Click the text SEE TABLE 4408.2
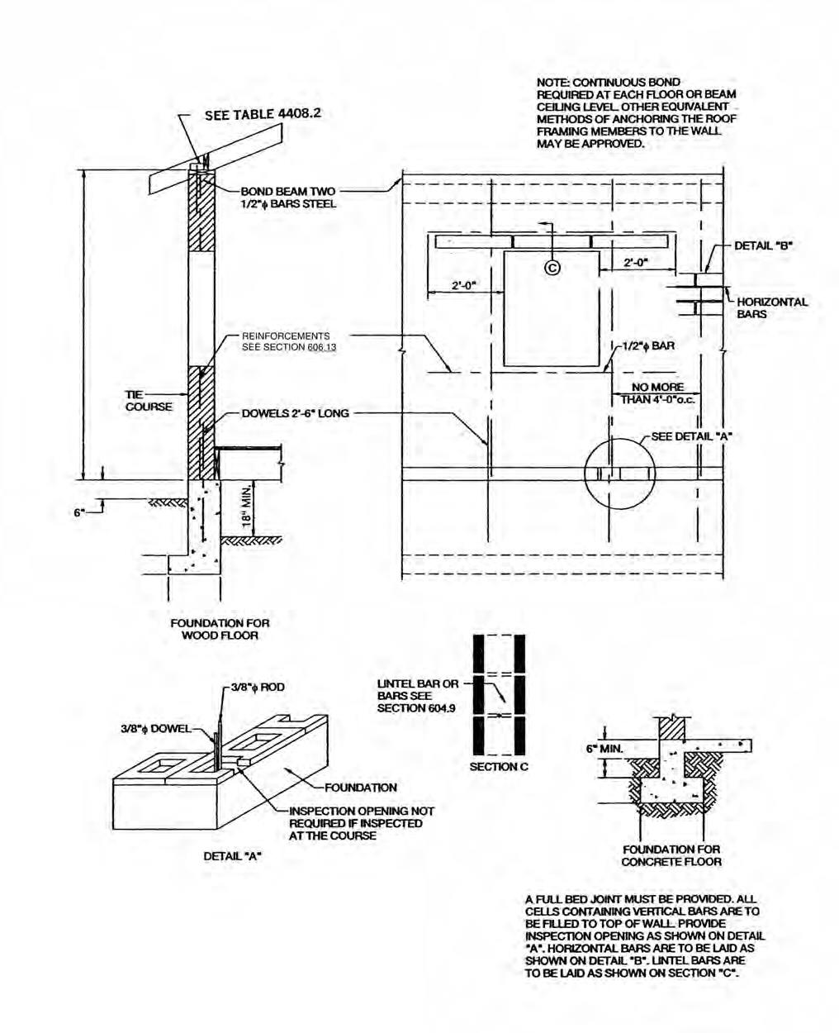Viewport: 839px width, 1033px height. [262, 114]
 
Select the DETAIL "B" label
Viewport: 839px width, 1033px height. [763, 245]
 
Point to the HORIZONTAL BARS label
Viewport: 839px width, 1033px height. [771, 307]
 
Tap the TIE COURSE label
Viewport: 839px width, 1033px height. [149, 400]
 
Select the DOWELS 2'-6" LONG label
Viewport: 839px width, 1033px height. [295, 413]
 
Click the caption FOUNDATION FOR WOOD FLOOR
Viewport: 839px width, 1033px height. [220, 629]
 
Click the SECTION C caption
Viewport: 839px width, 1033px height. [499, 767]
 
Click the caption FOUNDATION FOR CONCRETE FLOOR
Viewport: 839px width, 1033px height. [671, 855]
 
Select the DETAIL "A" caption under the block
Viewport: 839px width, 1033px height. [232, 856]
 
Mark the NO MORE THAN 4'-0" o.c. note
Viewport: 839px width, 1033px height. [657, 393]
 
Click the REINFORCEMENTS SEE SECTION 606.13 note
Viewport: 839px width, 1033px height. [286, 341]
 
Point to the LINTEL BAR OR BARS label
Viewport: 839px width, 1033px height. [417, 696]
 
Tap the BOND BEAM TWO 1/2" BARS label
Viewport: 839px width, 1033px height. [288, 198]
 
